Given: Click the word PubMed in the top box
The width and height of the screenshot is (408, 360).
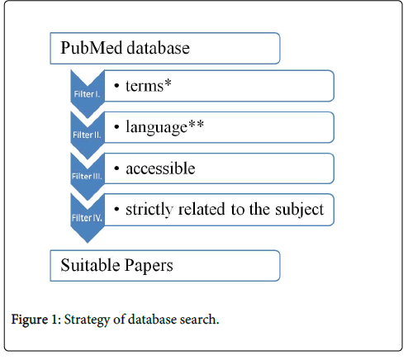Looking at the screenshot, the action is pos(92,48).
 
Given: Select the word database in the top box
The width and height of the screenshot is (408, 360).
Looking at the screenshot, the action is pos(159,48).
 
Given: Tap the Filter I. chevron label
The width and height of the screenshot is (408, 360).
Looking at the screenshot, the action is pos(87,94).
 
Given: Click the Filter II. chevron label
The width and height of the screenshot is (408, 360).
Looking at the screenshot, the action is pos(87,135).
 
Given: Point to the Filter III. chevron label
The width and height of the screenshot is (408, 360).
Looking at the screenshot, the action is pos(87,176).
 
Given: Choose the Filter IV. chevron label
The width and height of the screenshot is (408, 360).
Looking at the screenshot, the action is pos(87,218).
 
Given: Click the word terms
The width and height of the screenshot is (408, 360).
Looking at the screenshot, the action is pos(145,86).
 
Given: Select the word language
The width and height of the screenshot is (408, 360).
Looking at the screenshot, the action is pos(156,128).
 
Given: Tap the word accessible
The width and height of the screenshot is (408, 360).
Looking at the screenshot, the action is pos(160,168).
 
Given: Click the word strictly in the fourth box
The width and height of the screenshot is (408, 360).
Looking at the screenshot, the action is pos(149,210).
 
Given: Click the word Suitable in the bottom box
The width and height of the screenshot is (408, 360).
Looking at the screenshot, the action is pos(90,265).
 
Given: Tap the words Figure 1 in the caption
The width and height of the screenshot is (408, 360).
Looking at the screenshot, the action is pos(35,320).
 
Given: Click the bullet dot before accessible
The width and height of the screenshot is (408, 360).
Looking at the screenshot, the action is pos(116,168).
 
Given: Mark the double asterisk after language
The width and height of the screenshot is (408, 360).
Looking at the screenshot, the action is pos(196,124).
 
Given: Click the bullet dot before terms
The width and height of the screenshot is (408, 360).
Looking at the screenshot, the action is pos(116,86).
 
